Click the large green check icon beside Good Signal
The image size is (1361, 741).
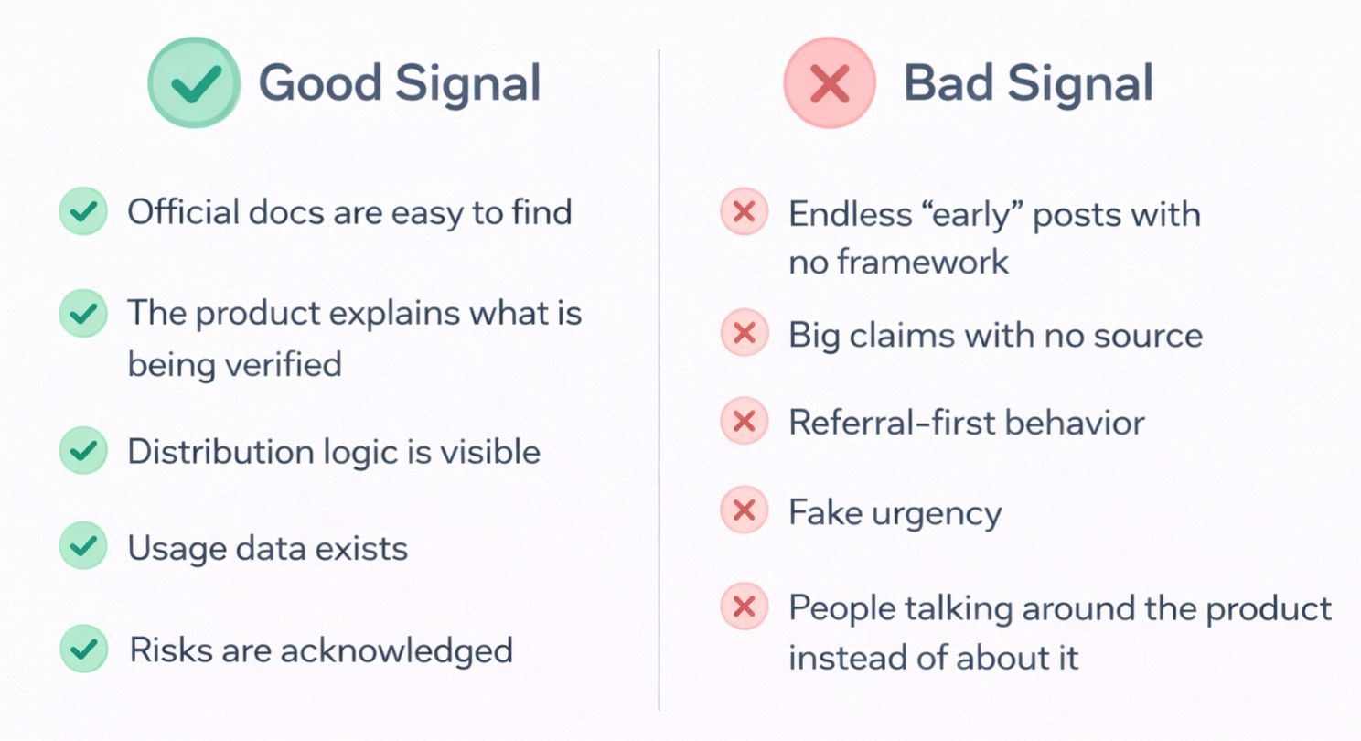[194, 83]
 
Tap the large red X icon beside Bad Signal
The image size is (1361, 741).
[830, 83]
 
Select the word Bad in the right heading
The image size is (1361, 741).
[950, 83]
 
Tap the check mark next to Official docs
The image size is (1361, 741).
[83, 212]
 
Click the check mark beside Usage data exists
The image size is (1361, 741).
[83, 547]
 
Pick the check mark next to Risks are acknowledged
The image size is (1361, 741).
[83, 649]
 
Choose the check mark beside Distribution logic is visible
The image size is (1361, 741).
[83, 451]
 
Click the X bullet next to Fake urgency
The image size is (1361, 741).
[744, 511]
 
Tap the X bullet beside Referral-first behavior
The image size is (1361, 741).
[744, 422]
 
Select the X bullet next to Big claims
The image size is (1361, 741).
[744, 334]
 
